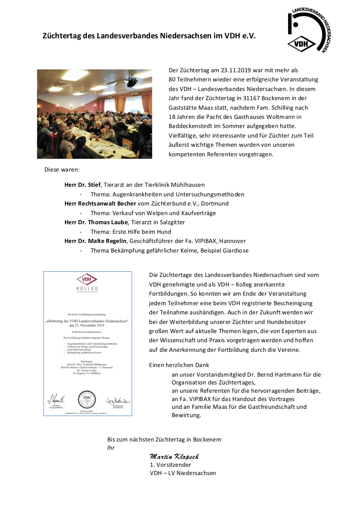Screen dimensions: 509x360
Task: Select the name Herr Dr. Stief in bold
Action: point(82,185)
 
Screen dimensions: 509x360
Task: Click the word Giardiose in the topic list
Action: point(235,250)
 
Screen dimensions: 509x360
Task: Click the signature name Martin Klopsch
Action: point(174,456)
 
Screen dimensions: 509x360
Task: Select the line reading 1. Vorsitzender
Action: point(170,465)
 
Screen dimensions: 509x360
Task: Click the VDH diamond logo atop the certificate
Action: point(87,279)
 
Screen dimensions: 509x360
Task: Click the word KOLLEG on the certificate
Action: point(87,288)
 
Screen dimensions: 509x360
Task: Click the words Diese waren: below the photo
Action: point(62,169)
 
